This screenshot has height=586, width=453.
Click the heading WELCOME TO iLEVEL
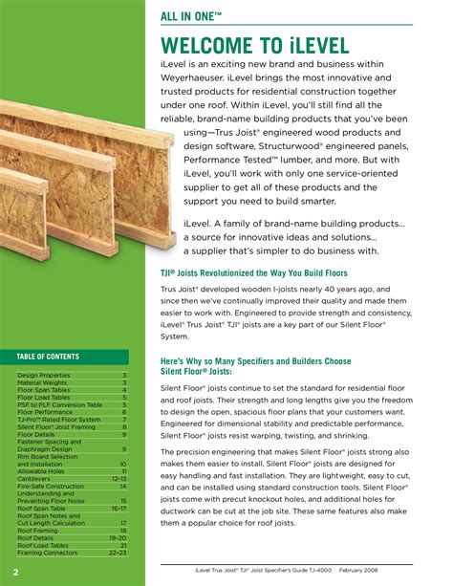(x=268, y=45)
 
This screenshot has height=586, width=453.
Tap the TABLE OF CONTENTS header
(x=48, y=357)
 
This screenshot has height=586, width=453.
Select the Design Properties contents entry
(x=44, y=376)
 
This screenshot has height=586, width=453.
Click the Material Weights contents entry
(x=43, y=383)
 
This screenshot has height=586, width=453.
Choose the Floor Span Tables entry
(x=44, y=390)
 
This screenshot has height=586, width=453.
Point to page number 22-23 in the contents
(x=118, y=553)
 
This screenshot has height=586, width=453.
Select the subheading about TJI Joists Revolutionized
(x=252, y=272)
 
